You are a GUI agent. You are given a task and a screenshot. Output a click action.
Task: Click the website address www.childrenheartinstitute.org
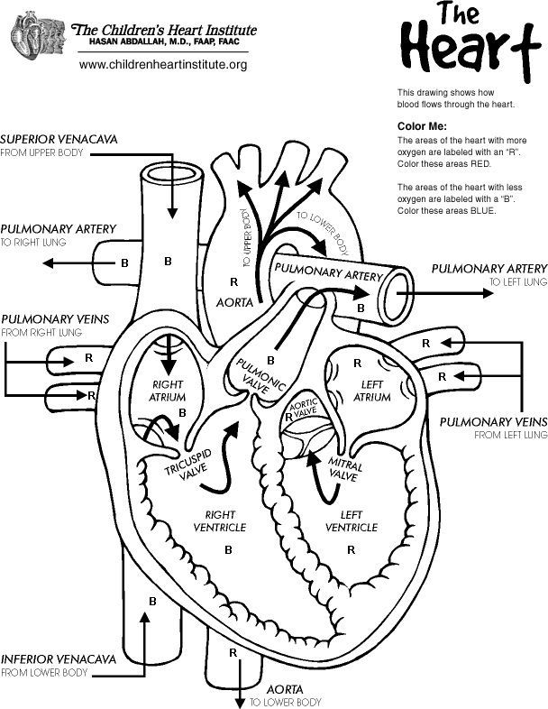pos(162,65)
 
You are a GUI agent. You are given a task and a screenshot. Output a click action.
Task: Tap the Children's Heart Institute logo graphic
pos(36,35)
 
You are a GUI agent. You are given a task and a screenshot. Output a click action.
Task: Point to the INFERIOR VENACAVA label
pos(58,658)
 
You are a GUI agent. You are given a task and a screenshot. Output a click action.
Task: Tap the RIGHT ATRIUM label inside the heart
pos(168,391)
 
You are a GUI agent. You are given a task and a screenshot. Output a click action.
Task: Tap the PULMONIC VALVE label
pos(260,378)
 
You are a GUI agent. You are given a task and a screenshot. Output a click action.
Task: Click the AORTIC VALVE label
pos(305,408)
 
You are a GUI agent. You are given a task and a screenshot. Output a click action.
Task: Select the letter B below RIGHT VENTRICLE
pos(228,548)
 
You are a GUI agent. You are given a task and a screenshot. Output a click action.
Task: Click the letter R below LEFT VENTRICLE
pos(351,548)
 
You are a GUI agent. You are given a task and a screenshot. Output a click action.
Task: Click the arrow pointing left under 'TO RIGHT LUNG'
pos(68,264)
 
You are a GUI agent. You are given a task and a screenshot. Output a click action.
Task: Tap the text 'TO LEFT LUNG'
pos(518,282)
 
